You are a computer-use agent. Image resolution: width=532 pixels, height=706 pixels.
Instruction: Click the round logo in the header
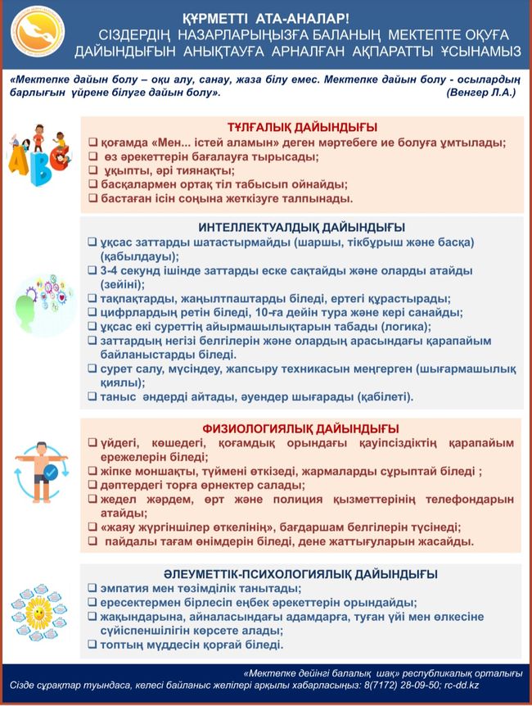point(35,35)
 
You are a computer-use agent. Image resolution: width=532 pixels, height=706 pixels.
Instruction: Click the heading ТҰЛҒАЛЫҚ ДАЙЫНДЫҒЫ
point(302,127)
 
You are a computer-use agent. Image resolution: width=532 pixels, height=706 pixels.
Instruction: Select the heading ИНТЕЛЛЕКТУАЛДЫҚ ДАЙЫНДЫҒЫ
point(302,227)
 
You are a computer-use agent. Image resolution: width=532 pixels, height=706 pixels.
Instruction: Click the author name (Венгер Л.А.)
point(480,93)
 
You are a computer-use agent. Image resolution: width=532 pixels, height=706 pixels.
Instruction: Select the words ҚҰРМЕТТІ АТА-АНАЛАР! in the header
point(265,17)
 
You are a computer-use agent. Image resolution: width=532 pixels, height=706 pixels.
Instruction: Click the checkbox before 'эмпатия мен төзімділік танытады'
point(92,588)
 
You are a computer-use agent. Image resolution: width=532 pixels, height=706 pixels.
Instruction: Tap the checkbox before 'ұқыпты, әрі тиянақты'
point(92,170)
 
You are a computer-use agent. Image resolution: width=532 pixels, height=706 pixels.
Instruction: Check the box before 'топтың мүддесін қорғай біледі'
point(92,645)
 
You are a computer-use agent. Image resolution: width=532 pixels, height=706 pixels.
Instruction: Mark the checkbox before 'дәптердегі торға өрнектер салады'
point(92,485)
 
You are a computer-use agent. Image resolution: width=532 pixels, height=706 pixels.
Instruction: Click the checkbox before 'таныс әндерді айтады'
point(92,397)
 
